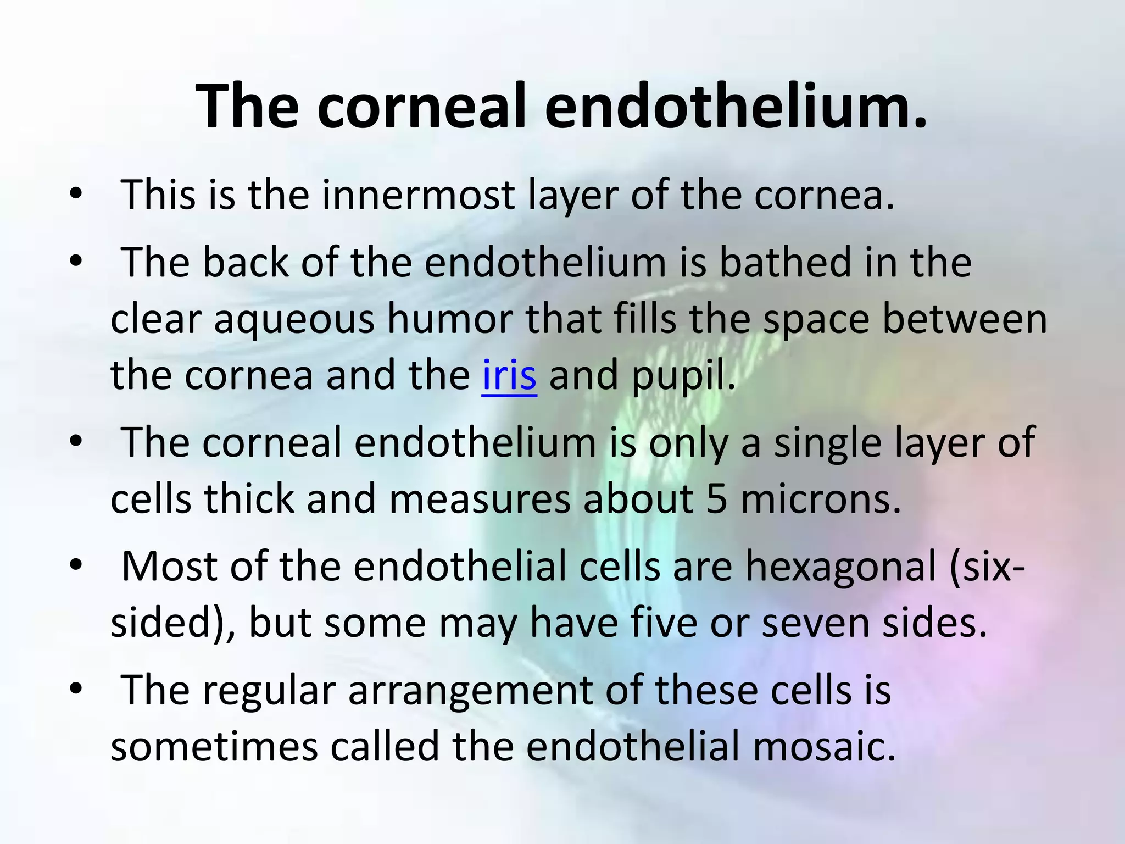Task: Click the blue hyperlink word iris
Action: [509, 375]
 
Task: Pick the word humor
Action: [450, 319]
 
